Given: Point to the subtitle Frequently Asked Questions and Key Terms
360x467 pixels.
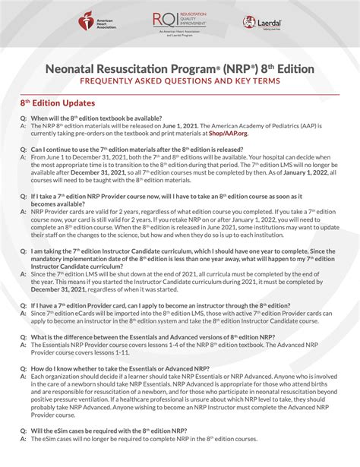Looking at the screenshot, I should [180, 80].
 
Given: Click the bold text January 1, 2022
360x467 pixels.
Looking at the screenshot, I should [298, 173].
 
